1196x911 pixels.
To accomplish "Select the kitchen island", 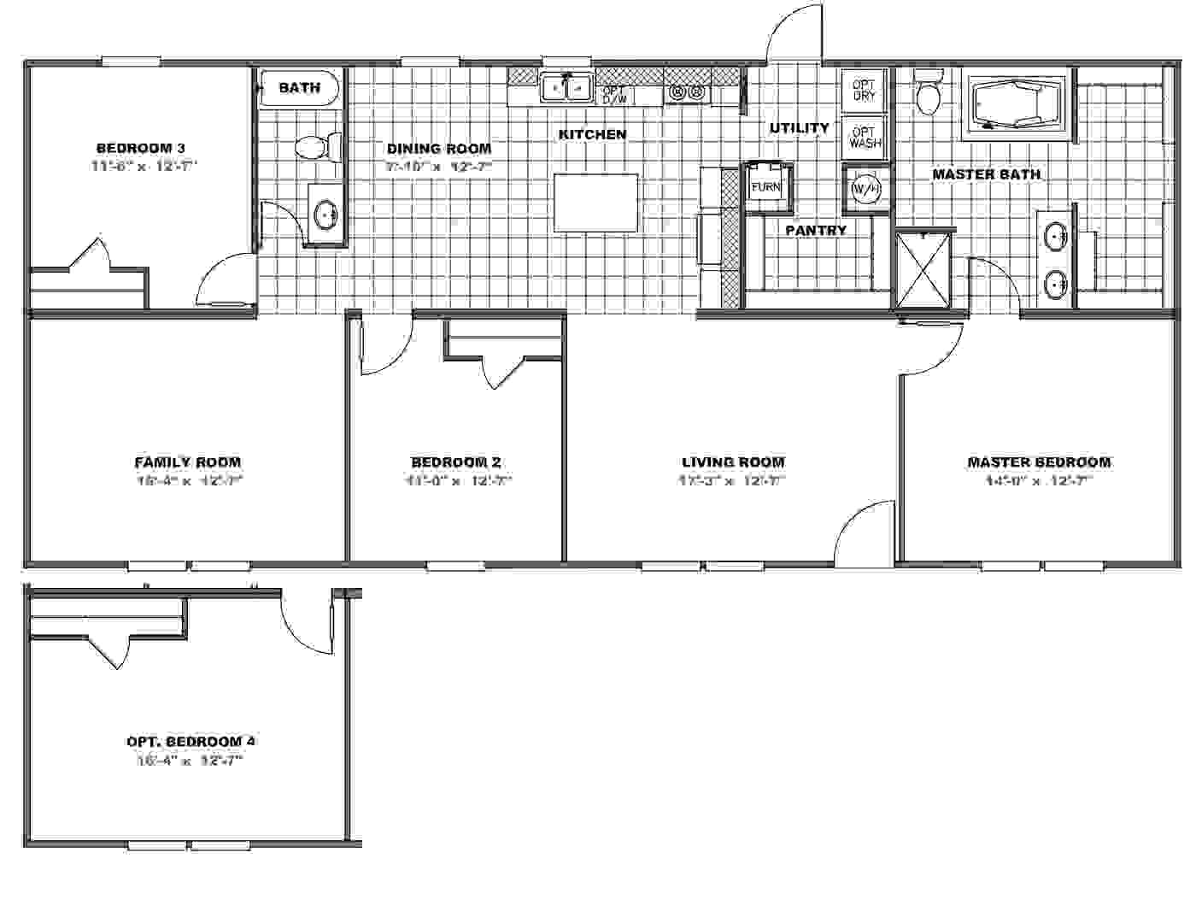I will tap(595, 203).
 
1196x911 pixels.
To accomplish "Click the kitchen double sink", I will tap(566, 88).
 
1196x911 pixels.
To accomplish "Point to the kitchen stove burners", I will tap(688, 91).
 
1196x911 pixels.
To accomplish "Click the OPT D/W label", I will tap(614, 95).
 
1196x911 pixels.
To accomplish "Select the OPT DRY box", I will tap(864, 91).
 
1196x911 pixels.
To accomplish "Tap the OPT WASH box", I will tap(865, 138).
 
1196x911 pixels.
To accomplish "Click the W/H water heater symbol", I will tap(864, 189).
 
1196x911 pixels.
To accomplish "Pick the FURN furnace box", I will tap(765, 185).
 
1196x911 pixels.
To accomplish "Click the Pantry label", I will tap(816, 230).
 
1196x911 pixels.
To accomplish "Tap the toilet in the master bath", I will tap(927, 92).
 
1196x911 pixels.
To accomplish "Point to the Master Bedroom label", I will tap(1039, 462).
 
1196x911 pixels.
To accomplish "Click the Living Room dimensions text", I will tap(732, 481).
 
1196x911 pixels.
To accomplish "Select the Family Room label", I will tap(187, 462).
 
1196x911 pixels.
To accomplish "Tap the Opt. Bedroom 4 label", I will tap(191, 741).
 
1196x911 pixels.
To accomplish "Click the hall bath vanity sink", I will tap(325, 215).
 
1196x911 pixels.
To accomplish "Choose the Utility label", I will tap(799, 128).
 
